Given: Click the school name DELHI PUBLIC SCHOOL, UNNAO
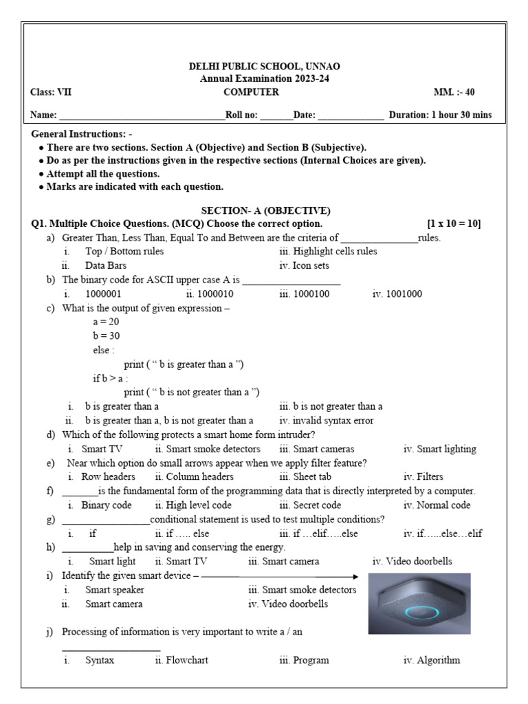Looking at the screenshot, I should [264, 67].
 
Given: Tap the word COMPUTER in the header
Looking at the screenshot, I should [251, 92].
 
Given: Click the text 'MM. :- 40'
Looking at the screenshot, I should [454, 92].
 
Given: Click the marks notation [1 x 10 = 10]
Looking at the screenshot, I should [454, 224].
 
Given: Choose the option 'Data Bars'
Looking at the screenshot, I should [106, 265].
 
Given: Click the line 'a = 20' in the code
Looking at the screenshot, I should [106, 322].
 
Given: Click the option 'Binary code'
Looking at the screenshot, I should [106, 505].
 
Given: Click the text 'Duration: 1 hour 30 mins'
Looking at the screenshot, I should [440, 115].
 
